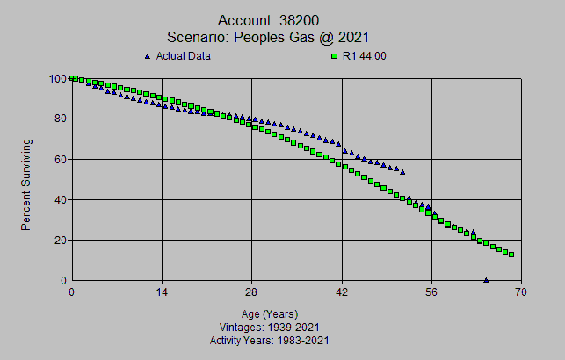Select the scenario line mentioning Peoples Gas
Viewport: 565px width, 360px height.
tap(267, 37)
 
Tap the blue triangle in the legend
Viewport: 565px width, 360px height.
tap(147, 56)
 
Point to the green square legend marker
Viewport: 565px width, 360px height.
tap(333, 56)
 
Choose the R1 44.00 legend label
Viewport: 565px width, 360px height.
tap(364, 56)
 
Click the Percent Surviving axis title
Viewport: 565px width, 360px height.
tap(26, 184)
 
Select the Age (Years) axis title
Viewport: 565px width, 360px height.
tap(270, 313)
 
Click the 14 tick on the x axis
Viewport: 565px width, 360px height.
tap(162, 292)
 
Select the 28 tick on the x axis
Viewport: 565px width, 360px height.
tap(251, 292)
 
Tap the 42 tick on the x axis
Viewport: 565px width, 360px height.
tap(342, 292)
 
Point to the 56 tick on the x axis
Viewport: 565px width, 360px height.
tap(431, 292)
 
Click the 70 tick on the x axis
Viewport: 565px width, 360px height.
tap(521, 292)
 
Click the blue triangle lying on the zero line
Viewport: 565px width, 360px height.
tap(486, 280)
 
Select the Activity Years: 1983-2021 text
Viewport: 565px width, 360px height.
tap(270, 339)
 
